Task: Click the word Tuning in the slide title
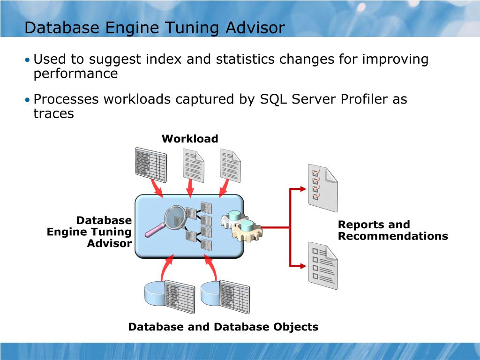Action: coord(193,28)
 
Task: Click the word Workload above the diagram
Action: coord(190,139)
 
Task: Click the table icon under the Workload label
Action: coord(150,163)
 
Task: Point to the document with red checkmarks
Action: coord(322,187)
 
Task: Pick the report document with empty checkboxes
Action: coord(322,265)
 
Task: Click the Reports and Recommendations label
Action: coord(392,230)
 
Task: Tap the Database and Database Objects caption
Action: coord(223,327)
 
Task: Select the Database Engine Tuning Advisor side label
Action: coord(90,232)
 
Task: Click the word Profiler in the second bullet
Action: coord(359,99)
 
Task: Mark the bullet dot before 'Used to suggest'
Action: coord(28,60)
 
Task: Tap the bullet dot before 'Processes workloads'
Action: coord(28,100)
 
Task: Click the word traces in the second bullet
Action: coord(53,113)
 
